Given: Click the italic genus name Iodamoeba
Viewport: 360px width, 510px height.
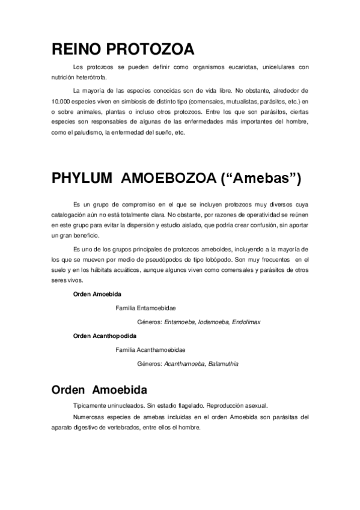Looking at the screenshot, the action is click(214, 322).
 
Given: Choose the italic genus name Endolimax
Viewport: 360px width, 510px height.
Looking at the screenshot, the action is click(246, 322).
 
